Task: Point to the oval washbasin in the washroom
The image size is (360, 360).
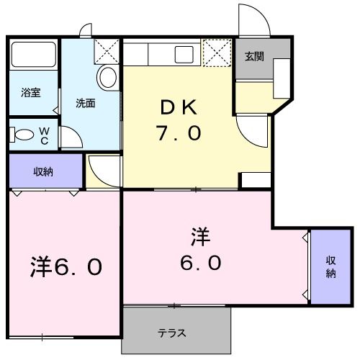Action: (x=107, y=78)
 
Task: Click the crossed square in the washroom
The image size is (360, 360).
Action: (x=107, y=51)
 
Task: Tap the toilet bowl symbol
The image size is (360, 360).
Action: (x=23, y=134)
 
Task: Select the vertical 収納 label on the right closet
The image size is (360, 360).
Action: (x=330, y=266)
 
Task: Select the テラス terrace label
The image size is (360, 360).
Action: (x=173, y=333)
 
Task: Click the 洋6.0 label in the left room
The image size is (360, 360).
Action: (x=65, y=267)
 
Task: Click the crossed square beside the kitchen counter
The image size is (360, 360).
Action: (x=214, y=52)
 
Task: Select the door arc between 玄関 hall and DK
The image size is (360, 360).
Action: (x=251, y=129)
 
